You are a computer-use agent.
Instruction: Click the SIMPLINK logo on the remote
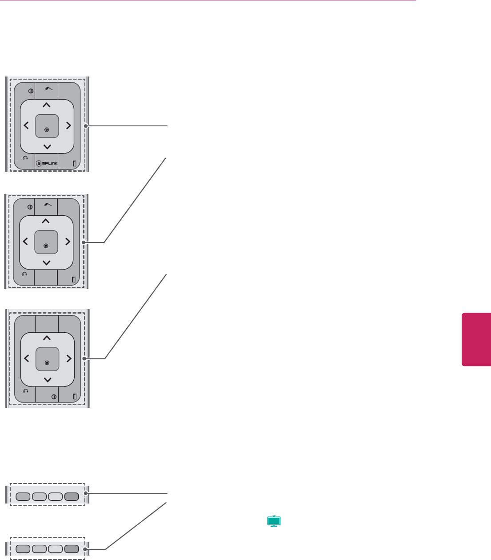[46, 163]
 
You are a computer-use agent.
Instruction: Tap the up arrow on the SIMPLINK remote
[47, 105]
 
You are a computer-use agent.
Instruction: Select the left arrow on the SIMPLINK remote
[26, 126]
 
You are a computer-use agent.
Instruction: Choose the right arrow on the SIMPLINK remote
[68, 126]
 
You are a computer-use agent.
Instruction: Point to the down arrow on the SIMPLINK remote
[47, 147]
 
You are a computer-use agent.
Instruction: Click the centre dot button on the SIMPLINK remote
[47, 129]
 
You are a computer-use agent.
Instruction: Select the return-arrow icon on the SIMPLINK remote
[25, 163]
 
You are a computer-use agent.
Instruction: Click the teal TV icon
[274, 521]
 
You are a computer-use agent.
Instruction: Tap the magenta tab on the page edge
[476, 339]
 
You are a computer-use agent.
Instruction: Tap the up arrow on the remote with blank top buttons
[47, 338]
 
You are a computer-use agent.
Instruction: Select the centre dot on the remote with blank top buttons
[47, 362]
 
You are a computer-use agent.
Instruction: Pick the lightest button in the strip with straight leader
[55, 497]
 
